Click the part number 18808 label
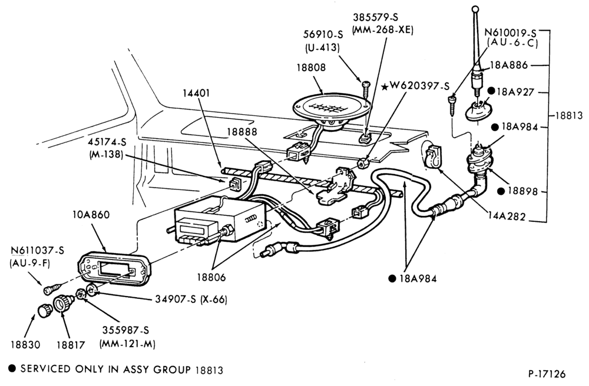click(311, 68)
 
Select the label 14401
click(196, 93)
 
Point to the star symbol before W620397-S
click(385, 86)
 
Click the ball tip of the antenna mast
click(475, 8)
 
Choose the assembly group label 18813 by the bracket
click(569, 115)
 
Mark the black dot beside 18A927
click(491, 91)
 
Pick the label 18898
click(522, 191)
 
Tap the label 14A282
click(507, 217)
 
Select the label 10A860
click(91, 214)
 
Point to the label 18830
click(25, 344)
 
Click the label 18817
click(71, 344)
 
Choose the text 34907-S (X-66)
click(191, 299)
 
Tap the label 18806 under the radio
click(211, 277)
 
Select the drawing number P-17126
click(547, 374)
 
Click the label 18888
click(242, 132)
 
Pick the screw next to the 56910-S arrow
click(366, 89)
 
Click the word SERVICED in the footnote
click(45, 369)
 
